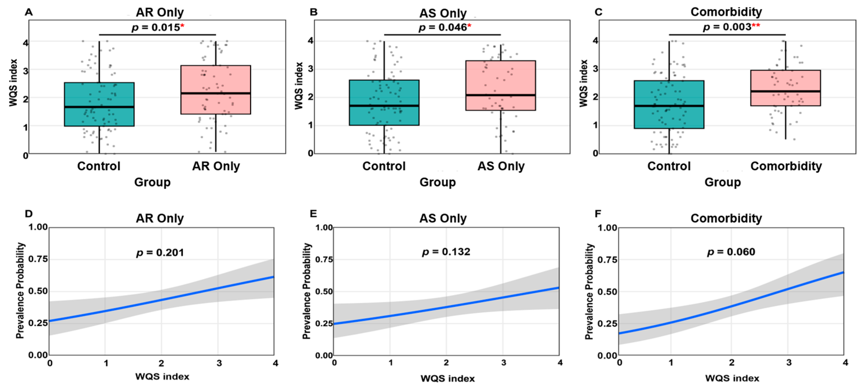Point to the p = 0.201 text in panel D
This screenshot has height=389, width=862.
click(160, 253)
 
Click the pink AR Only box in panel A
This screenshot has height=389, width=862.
click(216, 90)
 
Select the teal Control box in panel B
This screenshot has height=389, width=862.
click(384, 103)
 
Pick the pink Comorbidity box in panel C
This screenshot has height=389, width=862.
click(785, 88)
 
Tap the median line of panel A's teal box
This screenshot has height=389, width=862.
click(99, 107)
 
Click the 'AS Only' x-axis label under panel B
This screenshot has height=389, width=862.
click(501, 166)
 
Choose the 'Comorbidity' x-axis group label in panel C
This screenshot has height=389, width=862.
click(786, 166)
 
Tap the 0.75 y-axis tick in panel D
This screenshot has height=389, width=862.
click(38, 259)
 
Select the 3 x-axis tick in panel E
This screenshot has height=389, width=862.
click(504, 363)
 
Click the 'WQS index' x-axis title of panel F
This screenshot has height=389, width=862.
click(732, 378)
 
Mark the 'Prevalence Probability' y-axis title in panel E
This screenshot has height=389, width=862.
click(307, 291)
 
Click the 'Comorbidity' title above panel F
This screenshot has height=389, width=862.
click(726, 218)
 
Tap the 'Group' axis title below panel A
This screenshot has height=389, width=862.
click(152, 182)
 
